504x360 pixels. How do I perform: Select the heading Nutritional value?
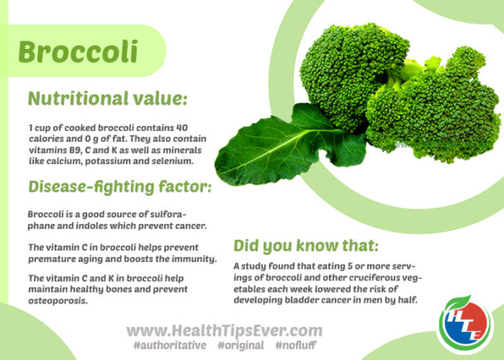point(108,100)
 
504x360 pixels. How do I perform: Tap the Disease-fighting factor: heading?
point(119,187)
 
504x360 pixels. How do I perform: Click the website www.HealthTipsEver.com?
point(224,330)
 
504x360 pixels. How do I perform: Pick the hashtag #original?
point(241,344)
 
